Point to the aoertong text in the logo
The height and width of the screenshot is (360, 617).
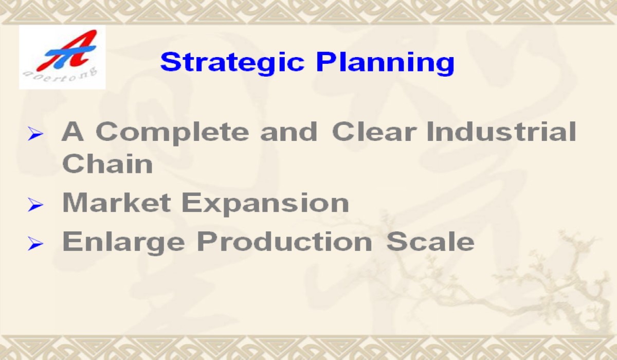pos(60,75)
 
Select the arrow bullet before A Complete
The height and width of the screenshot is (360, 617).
pos(35,134)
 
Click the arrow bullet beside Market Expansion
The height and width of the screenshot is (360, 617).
pos(35,205)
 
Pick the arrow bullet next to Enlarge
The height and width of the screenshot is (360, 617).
pos(35,244)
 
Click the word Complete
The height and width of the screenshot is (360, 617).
pos(172,133)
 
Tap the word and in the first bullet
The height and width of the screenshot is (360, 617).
pos(288,131)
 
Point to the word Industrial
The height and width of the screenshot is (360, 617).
pos(501,131)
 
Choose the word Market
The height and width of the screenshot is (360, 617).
pos(117,203)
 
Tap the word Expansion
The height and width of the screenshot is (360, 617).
pos(265,204)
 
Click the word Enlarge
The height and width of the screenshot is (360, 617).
pos(124,243)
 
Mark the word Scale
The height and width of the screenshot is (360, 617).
pos(430,241)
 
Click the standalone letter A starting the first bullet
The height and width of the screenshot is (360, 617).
pos(72,131)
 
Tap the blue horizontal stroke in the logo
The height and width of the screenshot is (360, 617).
pos(70,52)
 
